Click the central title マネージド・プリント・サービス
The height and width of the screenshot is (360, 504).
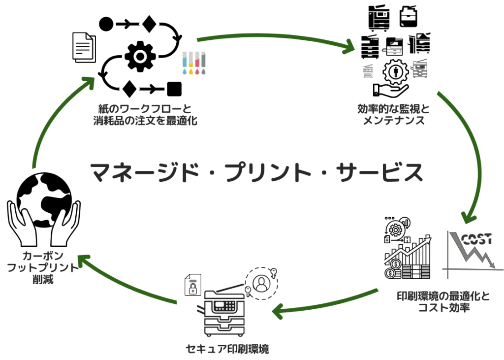click(256, 172)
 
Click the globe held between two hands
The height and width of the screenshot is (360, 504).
click(44, 200)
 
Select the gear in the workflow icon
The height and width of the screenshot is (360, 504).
click(140, 57)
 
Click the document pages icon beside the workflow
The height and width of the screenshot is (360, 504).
click(84, 47)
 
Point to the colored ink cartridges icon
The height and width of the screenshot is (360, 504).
click(194, 63)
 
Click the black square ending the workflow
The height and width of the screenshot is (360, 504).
click(174, 89)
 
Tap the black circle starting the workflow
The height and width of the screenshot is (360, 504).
click(106, 24)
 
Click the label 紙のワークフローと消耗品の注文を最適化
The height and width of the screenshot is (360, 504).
click(145, 115)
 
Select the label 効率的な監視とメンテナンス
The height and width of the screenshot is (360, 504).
click(393, 115)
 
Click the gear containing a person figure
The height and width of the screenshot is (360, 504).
click(396, 72)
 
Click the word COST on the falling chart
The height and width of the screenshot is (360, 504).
click(476, 239)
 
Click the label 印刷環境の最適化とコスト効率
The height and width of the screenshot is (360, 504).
click(443, 301)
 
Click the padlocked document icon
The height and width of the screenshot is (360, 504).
click(193, 285)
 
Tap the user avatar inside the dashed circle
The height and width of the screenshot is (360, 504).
click(261, 283)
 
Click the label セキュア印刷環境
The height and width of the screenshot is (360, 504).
click(227, 349)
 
